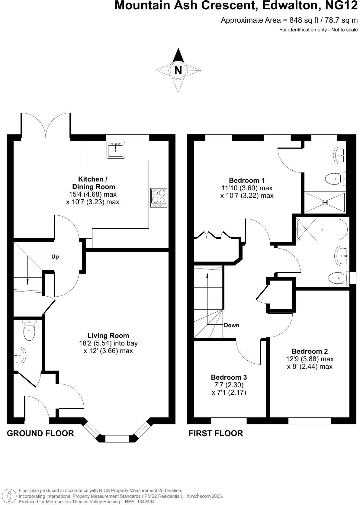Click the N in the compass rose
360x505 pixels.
(x=178, y=70)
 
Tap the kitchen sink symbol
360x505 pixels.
(x=116, y=150)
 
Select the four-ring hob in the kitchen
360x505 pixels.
(x=159, y=198)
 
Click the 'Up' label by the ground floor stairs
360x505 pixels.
(x=55, y=257)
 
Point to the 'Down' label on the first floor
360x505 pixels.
(x=232, y=325)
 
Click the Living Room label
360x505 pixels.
(x=108, y=336)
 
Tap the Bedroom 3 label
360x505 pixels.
(x=229, y=377)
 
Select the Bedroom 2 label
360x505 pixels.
(x=310, y=351)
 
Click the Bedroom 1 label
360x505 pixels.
(x=247, y=180)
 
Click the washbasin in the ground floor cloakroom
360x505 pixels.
(x=20, y=355)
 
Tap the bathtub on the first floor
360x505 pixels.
(x=322, y=230)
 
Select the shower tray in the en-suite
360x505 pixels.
(x=325, y=202)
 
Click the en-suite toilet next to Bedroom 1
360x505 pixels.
(x=335, y=179)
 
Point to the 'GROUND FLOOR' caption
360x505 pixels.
(x=40, y=433)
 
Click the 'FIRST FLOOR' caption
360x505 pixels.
(x=216, y=433)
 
